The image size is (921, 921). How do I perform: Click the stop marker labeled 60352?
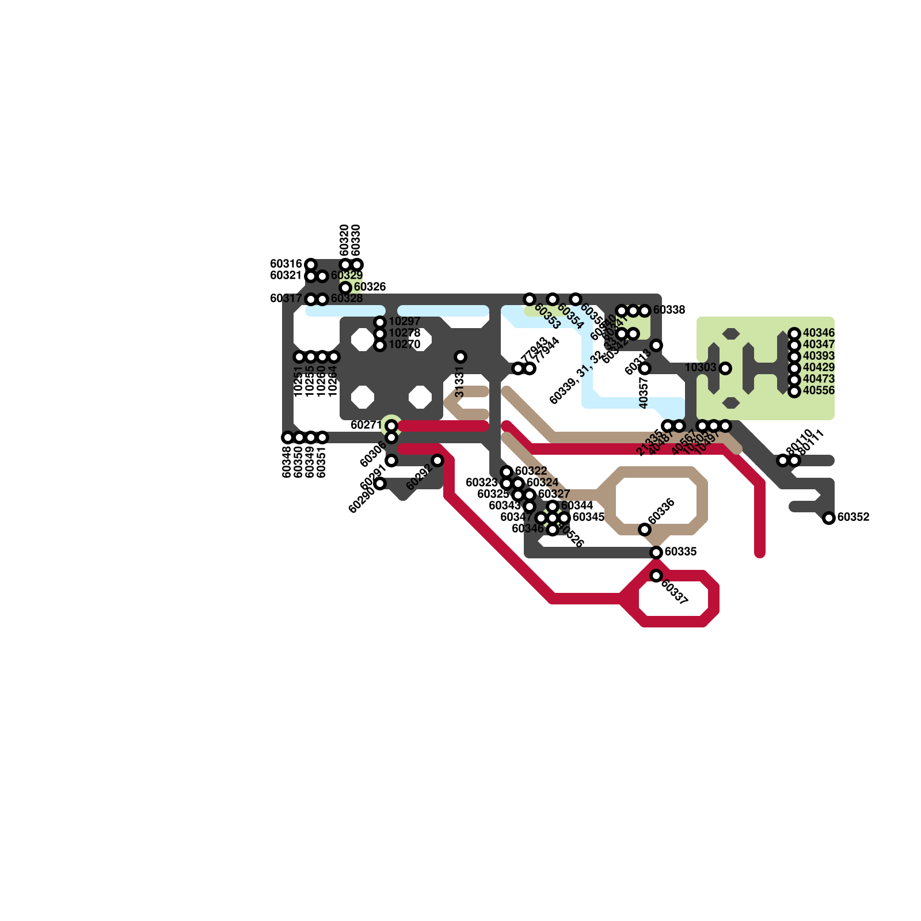click(x=829, y=518)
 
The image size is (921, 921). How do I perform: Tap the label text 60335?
click(x=680, y=552)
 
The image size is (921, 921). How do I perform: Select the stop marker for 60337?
click(x=656, y=576)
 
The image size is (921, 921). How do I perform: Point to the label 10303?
click(x=701, y=368)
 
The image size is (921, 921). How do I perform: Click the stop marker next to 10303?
click(x=725, y=368)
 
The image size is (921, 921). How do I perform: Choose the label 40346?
click(x=819, y=333)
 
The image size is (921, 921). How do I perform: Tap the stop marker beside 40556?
click(x=794, y=391)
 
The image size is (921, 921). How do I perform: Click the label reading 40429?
click(x=819, y=368)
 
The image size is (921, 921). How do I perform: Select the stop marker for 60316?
click(x=311, y=265)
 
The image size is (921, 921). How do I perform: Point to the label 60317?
click(x=286, y=299)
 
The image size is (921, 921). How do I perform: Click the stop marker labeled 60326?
click(x=345, y=287)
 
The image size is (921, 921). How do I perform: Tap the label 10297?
click(x=404, y=322)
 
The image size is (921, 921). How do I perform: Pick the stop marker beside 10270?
click(x=380, y=345)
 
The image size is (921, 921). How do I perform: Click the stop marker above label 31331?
click(x=461, y=357)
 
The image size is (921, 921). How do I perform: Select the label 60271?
click(x=366, y=425)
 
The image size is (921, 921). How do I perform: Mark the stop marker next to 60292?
click(x=437, y=461)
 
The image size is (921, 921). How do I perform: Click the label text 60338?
click(x=669, y=310)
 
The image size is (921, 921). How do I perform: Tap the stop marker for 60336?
click(x=645, y=530)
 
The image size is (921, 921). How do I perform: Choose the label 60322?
click(x=531, y=471)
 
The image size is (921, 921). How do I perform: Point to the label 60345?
click(x=588, y=517)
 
